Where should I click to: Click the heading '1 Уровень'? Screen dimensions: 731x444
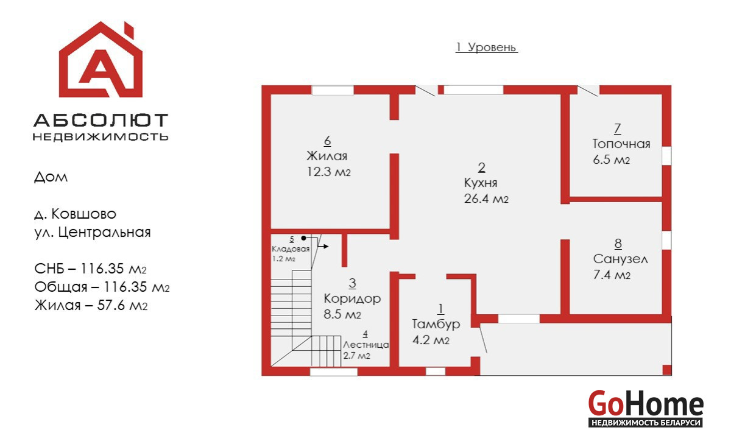(486, 48)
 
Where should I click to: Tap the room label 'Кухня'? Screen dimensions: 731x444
(481, 183)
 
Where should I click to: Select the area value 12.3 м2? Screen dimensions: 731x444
(328, 172)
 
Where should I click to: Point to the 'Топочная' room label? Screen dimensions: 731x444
(621, 144)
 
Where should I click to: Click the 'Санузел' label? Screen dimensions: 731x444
(620, 259)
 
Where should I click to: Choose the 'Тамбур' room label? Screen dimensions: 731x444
(436, 324)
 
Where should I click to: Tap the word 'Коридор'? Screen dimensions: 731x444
(352, 298)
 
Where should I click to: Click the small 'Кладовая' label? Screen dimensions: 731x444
(291, 250)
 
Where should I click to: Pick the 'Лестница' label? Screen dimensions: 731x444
(366, 345)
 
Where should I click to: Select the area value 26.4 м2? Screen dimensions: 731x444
(486, 199)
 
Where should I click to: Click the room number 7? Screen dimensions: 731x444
(618, 129)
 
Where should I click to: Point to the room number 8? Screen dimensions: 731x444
(618, 244)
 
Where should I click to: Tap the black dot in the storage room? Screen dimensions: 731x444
(303, 238)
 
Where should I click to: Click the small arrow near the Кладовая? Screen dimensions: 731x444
(323, 246)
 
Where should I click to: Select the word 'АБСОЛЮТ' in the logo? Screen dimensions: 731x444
(101, 120)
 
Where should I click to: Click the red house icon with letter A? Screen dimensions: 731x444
(101, 59)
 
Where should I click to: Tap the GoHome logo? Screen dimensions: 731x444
(646, 409)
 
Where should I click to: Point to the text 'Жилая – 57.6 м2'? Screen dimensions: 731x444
(91, 305)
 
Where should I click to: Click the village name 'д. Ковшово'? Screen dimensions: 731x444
(76, 214)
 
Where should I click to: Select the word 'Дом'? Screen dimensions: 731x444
(51, 177)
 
